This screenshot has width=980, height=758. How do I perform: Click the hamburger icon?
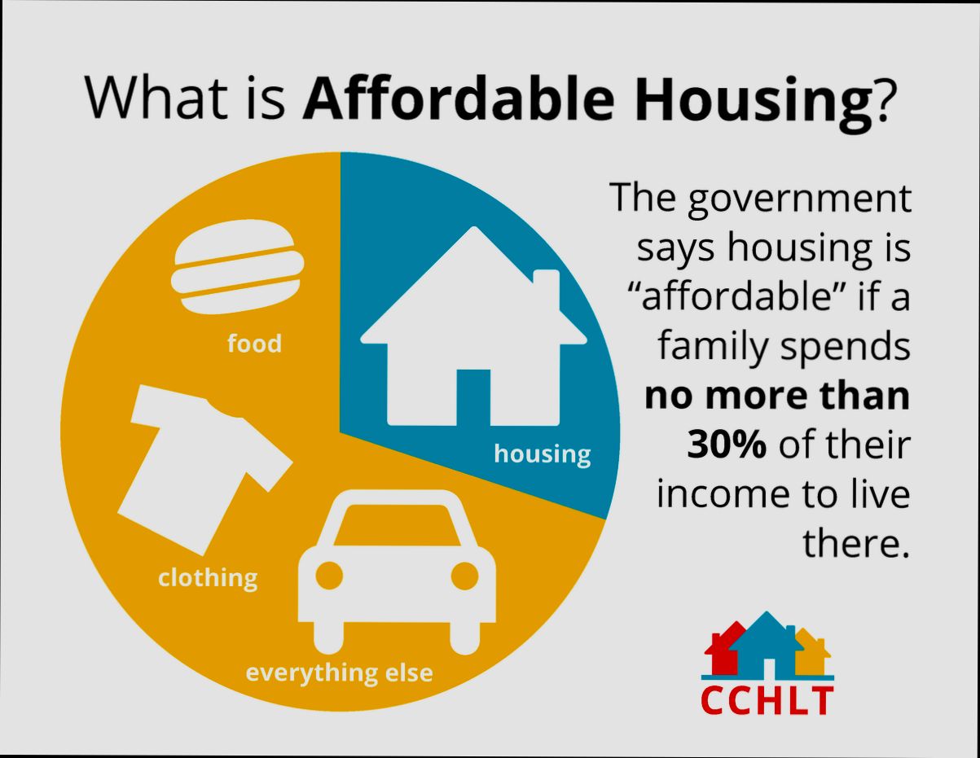(x=237, y=267)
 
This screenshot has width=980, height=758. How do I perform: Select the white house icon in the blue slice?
(x=472, y=342)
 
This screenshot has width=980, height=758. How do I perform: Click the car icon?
(x=398, y=570)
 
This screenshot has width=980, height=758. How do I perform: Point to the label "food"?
(x=254, y=344)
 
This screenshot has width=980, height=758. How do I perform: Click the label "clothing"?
(x=208, y=578)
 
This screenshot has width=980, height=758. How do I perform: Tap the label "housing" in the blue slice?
(x=542, y=453)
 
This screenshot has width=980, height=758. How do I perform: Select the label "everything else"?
(x=340, y=673)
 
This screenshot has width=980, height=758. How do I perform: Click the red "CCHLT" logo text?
(x=767, y=701)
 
